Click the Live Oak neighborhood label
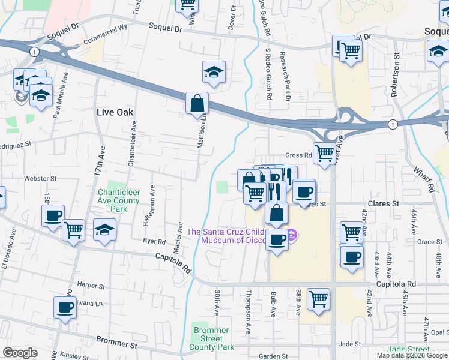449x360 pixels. pos(114,112)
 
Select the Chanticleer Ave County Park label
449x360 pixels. pos(118,200)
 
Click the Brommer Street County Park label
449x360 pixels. pos(211,338)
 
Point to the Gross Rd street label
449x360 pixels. pos(298,155)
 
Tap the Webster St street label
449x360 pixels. pos(40,178)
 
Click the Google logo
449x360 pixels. pos(20,353)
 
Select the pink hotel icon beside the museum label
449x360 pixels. pos(292,235)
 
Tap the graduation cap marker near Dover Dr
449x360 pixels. pos(214,73)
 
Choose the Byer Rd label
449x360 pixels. pos(154,242)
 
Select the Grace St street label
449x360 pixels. pos(429,242)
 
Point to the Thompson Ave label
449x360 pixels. pos(248,312)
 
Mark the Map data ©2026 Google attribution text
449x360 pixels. pos(412,355)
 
